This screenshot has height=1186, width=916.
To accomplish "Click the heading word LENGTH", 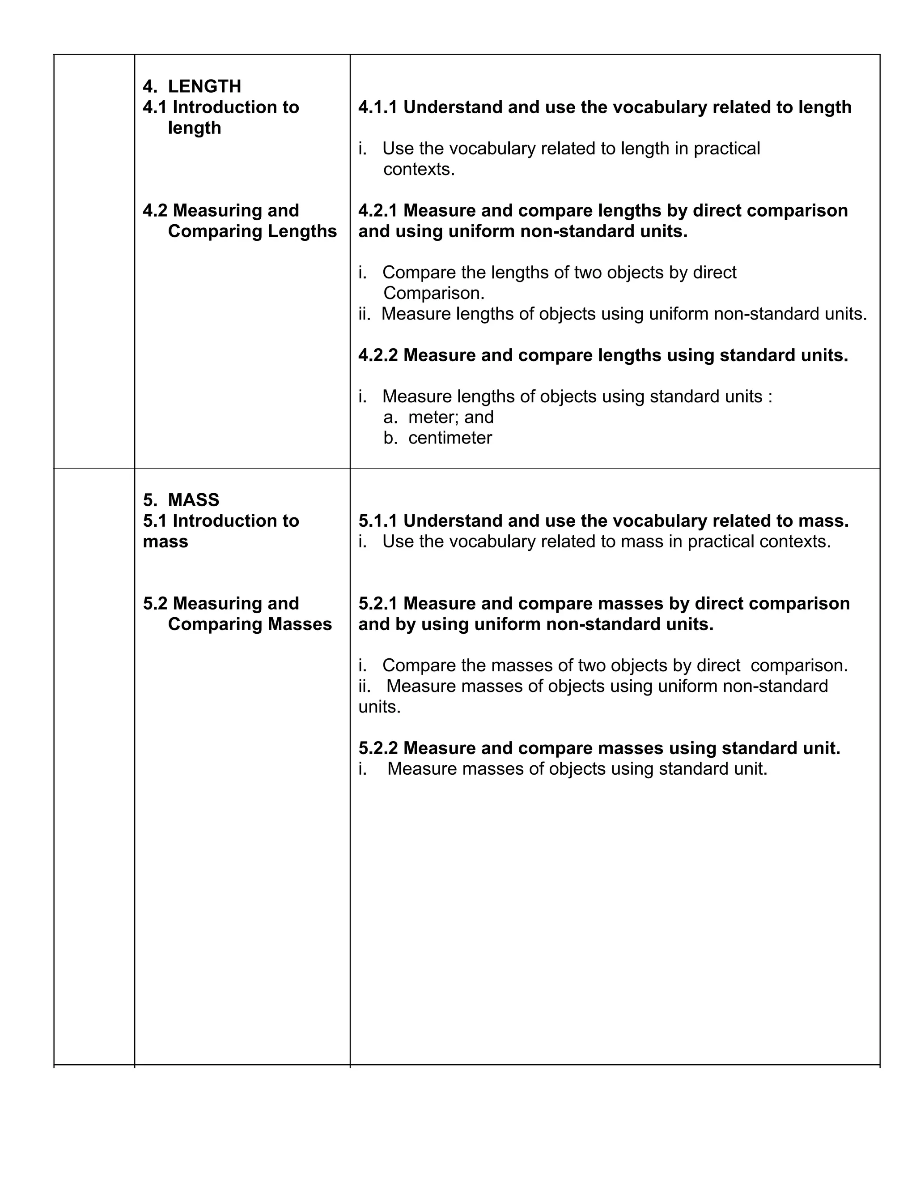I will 204,86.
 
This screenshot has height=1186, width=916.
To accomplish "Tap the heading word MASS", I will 194,499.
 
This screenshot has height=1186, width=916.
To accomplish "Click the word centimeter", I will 450,438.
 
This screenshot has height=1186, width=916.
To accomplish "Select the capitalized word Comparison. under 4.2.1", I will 433,293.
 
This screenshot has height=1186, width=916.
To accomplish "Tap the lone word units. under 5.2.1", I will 379,707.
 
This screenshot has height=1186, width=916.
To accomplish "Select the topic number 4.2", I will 155,211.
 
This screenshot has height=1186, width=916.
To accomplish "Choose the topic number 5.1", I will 155,521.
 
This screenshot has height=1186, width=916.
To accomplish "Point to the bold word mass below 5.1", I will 165,542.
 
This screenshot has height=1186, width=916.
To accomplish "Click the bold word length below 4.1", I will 194,128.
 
